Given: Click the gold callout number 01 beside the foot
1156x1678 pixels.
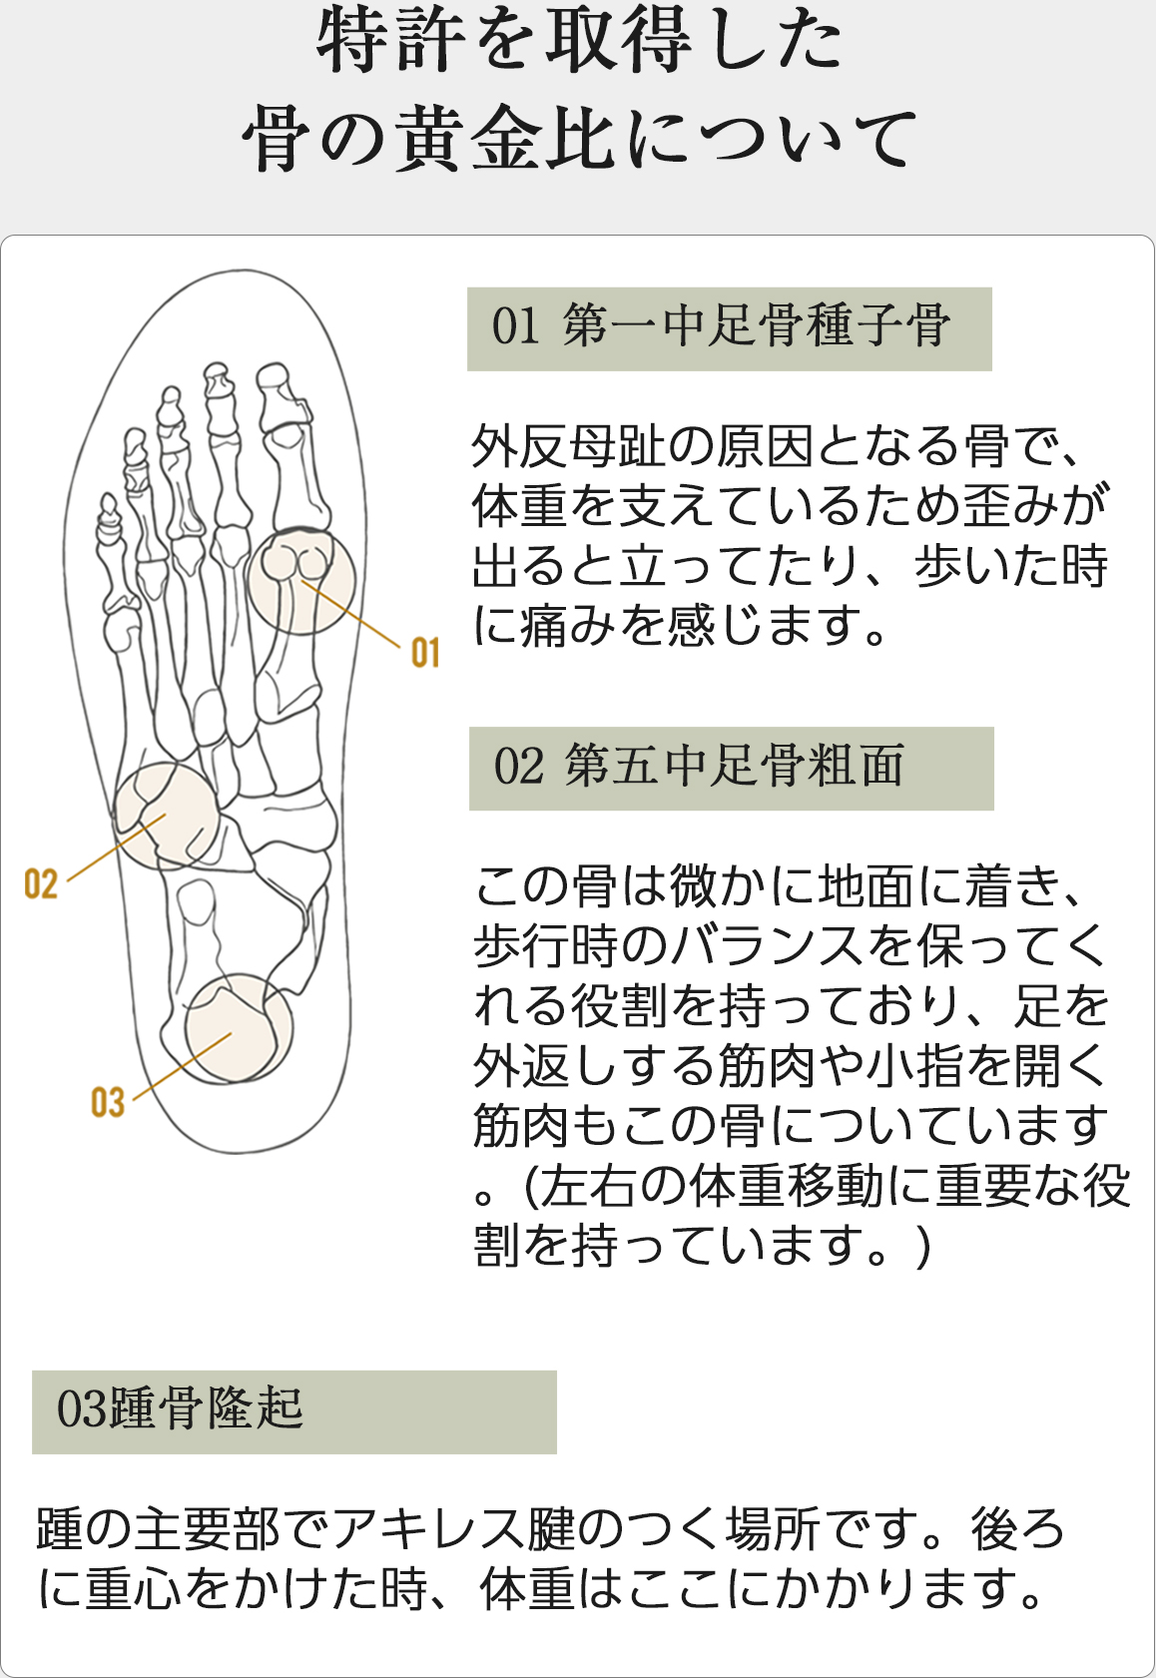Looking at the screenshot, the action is click(x=425, y=653).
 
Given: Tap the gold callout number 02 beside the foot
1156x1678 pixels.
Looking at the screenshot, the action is click(x=41, y=884).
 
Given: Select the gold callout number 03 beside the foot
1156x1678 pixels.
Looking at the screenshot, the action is click(x=107, y=1103).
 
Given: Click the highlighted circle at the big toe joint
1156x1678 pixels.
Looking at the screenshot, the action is click(x=299, y=581).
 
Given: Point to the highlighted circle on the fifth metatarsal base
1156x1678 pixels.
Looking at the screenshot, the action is click(x=167, y=816).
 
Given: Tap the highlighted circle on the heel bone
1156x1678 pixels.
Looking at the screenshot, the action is click(x=239, y=1028).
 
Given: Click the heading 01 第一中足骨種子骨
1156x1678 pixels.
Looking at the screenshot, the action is click(x=721, y=326).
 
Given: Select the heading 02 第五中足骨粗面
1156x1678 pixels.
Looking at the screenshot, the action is click(x=698, y=767).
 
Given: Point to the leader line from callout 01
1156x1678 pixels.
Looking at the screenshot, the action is click(x=350, y=613).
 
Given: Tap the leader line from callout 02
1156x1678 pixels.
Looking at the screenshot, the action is click(x=117, y=848).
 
